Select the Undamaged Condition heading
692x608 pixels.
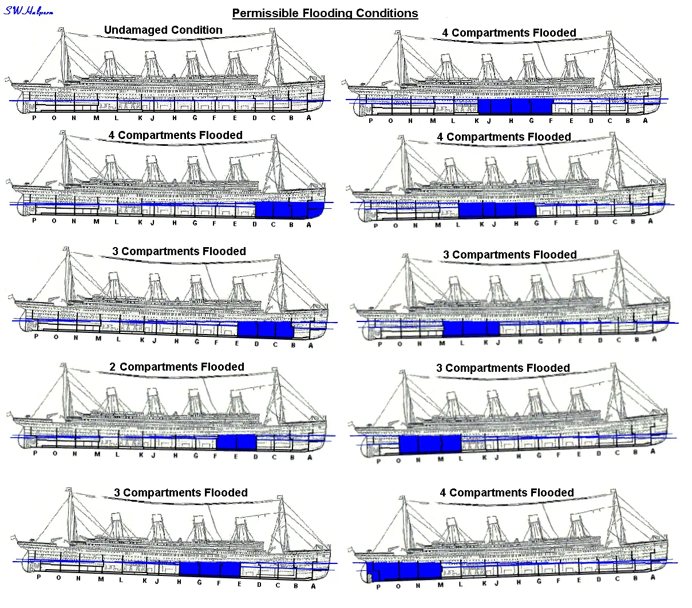coord(163,30)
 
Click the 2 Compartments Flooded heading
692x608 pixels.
coord(177,367)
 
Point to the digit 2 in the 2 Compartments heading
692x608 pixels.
coord(113,367)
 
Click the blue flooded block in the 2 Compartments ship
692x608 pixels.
coord(236,442)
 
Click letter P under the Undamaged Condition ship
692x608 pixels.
coord(34,118)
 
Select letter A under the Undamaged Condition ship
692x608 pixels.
coord(309,118)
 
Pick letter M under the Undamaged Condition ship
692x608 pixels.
coord(96,118)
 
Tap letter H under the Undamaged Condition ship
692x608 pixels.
coord(175,118)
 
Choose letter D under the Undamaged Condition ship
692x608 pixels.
coord(255,118)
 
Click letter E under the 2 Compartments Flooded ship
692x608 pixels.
coord(236,456)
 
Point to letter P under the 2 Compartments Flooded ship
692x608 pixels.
coord(35,454)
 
